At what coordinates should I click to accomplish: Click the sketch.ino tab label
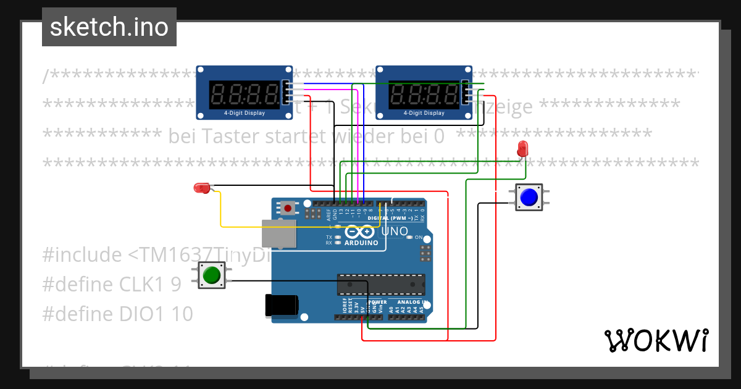(x=109, y=27)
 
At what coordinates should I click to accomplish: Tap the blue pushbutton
(x=529, y=197)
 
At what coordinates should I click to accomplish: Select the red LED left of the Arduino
(x=202, y=188)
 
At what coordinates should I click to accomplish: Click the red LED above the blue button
(x=522, y=148)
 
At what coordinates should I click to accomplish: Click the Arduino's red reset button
(x=288, y=208)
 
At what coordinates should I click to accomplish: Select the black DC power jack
(x=282, y=306)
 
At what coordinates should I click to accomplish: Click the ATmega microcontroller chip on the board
(x=380, y=284)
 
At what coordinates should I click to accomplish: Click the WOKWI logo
(x=656, y=340)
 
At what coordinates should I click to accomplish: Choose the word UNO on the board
(x=395, y=232)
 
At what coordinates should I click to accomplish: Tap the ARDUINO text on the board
(x=361, y=243)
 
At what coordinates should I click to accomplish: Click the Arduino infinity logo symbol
(x=360, y=232)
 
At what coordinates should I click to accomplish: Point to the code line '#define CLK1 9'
(x=112, y=284)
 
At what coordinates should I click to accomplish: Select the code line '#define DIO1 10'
(x=117, y=314)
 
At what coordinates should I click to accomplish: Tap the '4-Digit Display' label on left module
(x=244, y=113)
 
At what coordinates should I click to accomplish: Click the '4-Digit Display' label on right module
(x=424, y=113)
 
